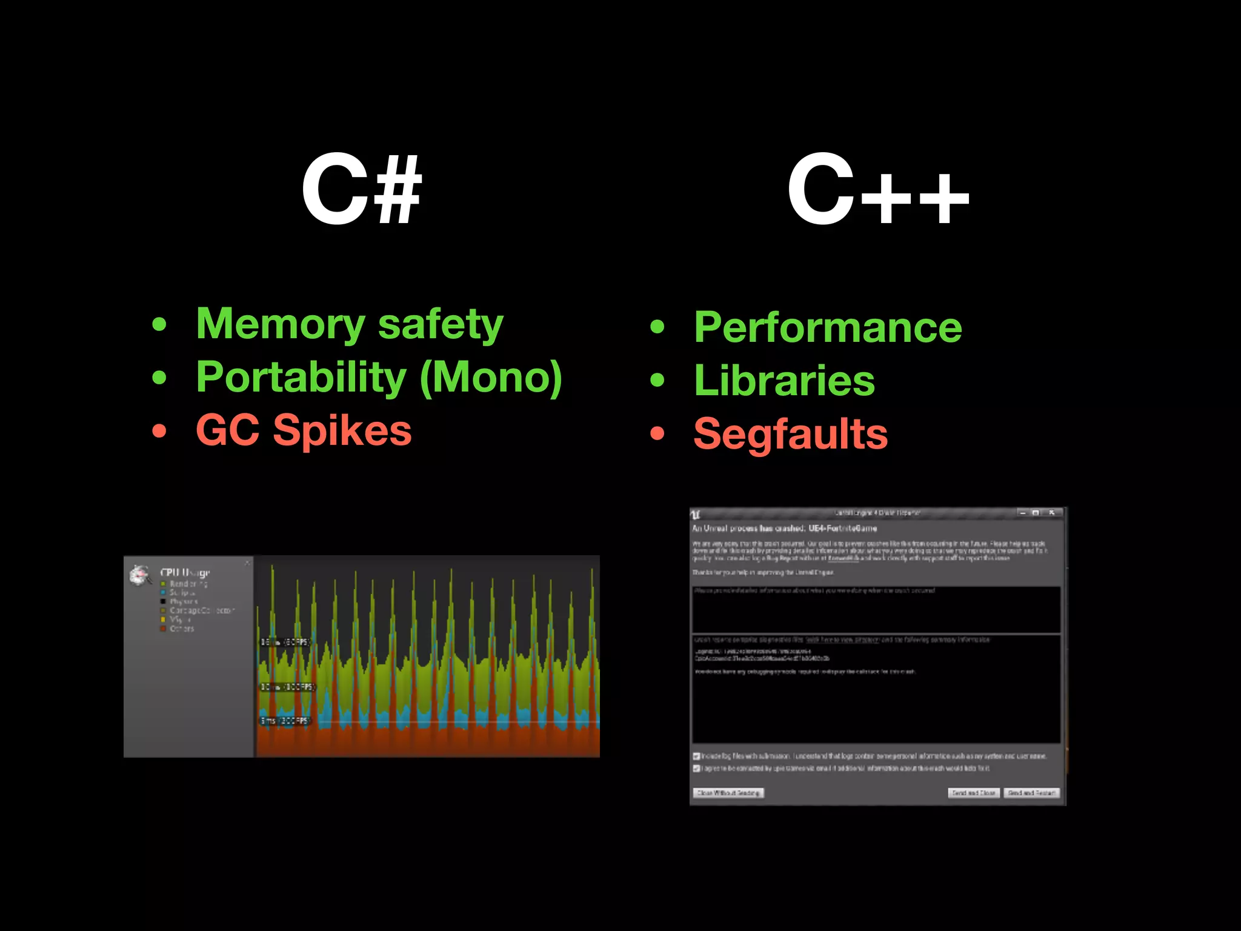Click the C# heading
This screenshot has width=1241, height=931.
click(361, 190)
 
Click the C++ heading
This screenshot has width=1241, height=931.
click(878, 190)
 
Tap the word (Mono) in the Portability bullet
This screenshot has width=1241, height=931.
click(491, 377)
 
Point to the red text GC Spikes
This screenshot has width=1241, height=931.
click(304, 430)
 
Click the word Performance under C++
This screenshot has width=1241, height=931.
click(828, 327)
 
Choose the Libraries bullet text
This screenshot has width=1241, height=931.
click(784, 381)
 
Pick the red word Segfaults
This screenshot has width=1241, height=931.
click(790, 434)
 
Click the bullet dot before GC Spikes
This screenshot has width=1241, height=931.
click(159, 431)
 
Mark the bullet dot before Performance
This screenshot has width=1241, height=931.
click(657, 327)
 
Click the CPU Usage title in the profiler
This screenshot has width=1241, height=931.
click(185, 572)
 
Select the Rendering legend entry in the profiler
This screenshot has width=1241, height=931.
click(188, 584)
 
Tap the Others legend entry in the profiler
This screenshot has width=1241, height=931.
click(181, 629)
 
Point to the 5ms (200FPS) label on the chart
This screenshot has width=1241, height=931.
click(285, 721)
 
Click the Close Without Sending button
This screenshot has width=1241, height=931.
click(728, 793)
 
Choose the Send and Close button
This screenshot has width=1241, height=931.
click(973, 793)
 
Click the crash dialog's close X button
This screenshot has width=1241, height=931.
click(1052, 513)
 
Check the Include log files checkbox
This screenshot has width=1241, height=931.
click(697, 756)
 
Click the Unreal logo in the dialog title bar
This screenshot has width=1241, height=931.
click(696, 515)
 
